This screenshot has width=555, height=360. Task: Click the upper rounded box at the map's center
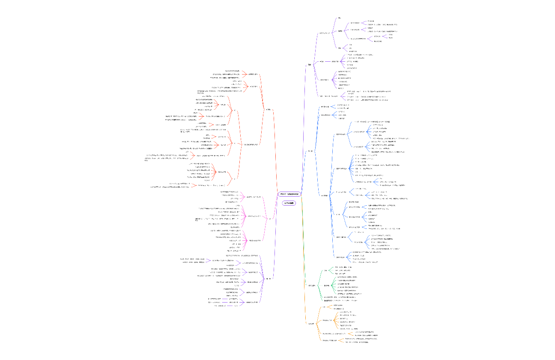click(289, 194)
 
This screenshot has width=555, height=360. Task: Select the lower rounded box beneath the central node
click(289, 203)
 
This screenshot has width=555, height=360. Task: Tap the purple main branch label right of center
click(310, 65)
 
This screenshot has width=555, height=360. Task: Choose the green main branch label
click(312, 285)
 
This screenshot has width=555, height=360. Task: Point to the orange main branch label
click(312, 323)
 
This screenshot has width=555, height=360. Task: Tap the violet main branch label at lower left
click(269, 279)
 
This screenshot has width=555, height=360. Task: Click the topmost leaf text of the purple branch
click(339, 18)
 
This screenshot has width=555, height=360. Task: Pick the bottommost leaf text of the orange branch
click(357, 342)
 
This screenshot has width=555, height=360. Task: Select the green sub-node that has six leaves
click(327, 285)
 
